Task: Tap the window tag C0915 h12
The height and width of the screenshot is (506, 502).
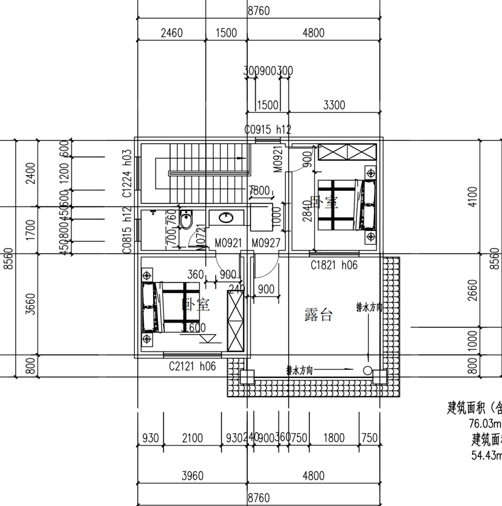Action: point(268,130)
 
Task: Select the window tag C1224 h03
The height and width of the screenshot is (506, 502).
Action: point(127,175)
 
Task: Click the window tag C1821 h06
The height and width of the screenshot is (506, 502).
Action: point(334,266)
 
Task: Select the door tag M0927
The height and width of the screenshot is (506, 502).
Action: point(265,243)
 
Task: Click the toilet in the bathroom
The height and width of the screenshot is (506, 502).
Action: point(186,221)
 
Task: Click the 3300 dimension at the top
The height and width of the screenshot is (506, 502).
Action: point(334,105)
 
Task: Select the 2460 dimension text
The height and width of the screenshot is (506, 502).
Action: point(171,33)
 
